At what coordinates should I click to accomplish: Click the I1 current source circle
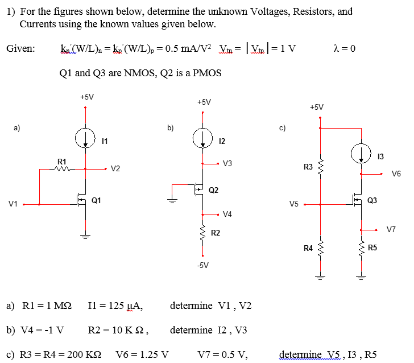85,138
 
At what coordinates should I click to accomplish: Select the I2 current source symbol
202,138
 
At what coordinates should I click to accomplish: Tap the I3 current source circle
361,153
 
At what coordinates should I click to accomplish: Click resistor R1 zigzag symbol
63,169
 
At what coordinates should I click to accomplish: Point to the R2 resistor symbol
203,233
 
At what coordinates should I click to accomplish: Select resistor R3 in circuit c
320,167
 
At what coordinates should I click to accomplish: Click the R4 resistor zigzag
320,248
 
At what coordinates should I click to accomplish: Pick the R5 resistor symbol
361,248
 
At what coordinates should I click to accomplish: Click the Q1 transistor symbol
81,201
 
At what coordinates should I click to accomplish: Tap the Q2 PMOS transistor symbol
199,189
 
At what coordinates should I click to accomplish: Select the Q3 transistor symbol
358,201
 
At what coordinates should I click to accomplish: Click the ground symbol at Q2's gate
172,200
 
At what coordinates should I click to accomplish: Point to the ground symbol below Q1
85,236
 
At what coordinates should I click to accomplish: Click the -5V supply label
203,265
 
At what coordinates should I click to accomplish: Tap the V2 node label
115,168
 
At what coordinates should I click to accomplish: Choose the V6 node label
396,174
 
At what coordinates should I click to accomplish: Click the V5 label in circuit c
293,204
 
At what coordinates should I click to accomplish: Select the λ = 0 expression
345,48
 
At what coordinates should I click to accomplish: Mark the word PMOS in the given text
207,73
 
